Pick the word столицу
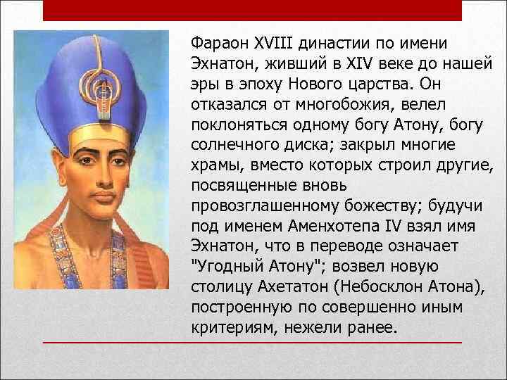(x=220, y=287)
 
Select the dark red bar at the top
(x=253, y=10)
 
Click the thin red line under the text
(x=253, y=342)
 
